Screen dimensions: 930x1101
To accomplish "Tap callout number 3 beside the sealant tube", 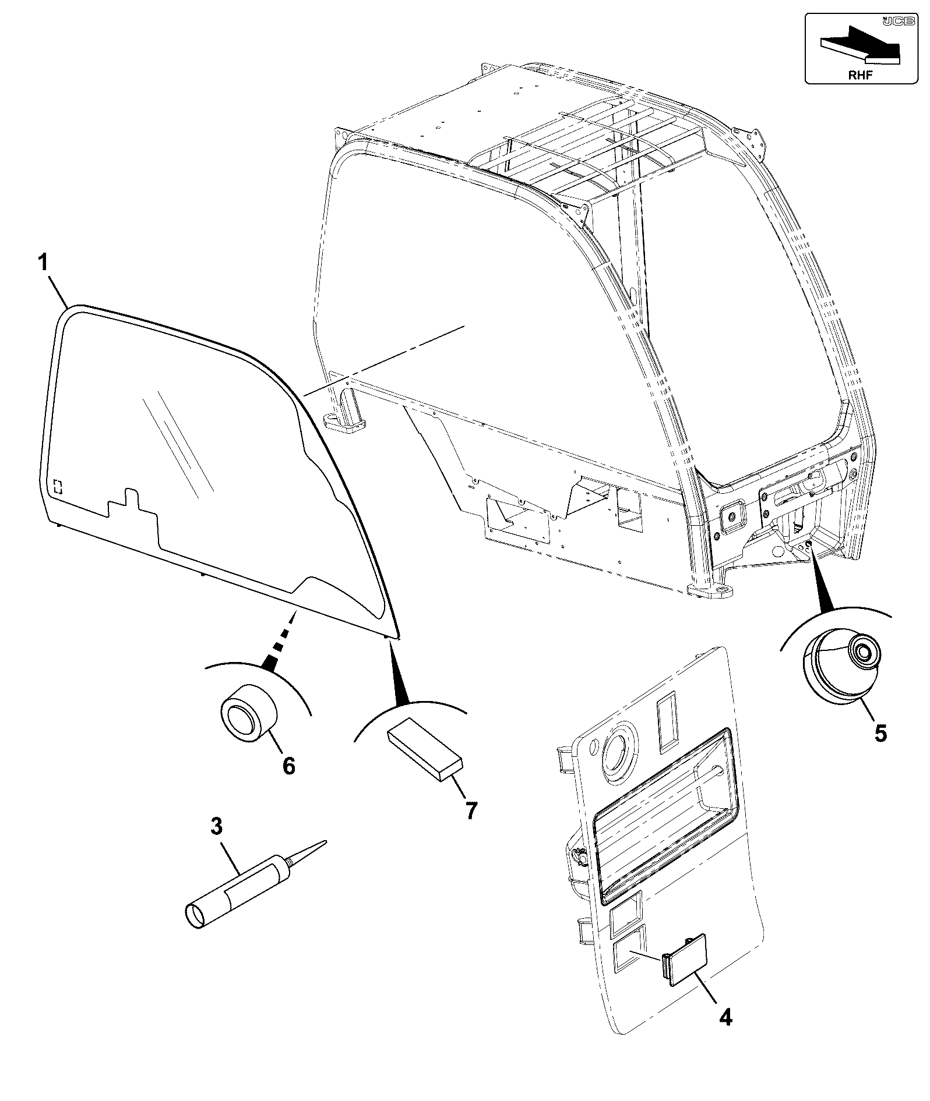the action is click(216, 826).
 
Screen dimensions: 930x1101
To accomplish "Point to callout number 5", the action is click(880, 733).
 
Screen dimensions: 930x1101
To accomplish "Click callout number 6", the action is click(288, 765).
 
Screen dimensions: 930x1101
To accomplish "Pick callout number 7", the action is click(470, 810).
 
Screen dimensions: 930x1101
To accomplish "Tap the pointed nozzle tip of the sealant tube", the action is click(325, 841).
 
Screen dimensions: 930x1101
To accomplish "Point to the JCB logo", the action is click(898, 22).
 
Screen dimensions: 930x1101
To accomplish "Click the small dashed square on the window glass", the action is click(58, 486).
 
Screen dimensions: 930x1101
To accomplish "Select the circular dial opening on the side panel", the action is click(619, 754).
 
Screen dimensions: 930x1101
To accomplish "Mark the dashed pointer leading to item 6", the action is click(280, 641).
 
